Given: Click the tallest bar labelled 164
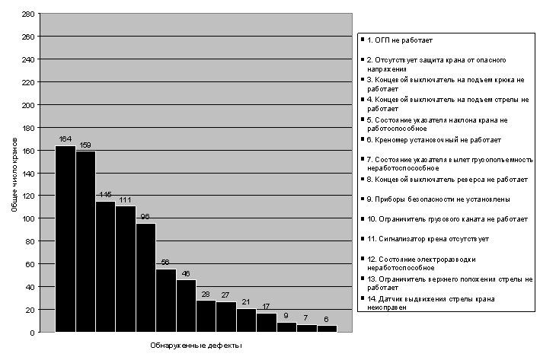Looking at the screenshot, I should (66, 239).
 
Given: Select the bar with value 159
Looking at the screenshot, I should (85, 241).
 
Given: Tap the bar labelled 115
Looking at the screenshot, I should (105, 266).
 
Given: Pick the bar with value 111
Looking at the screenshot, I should (126, 269).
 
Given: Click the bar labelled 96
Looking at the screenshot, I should (145, 277).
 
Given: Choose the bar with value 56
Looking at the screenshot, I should (166, 301).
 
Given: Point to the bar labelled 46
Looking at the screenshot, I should (186, 306).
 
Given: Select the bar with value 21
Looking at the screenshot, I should (246, 320).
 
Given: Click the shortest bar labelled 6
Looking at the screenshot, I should (327, 328).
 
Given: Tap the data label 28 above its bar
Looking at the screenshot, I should (206, 294).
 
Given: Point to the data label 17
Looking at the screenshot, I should (266, 307).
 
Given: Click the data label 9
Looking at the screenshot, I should (286, 316).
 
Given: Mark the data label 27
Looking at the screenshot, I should (226, 295).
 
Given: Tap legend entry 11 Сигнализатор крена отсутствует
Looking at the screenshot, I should (427, 239).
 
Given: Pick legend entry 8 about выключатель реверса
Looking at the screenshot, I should (447, 180).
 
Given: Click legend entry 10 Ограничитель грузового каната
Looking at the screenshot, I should (447, 219).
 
